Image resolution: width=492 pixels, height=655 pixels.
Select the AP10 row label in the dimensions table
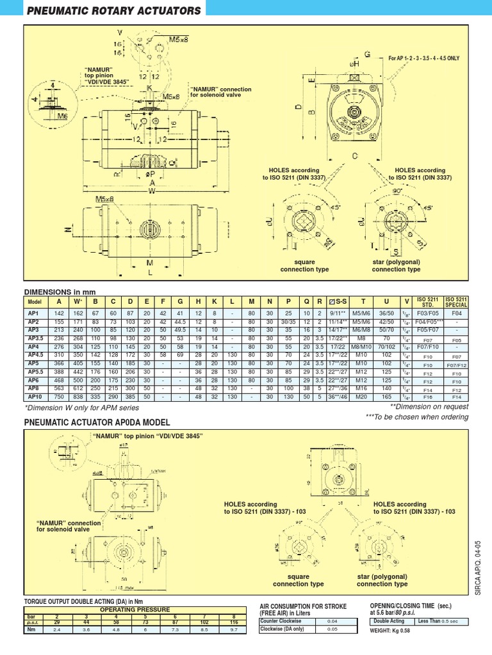pos(34,397)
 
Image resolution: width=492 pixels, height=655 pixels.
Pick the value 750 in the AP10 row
pos(60,397)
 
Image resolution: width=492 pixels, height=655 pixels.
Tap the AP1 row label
pos(34,314)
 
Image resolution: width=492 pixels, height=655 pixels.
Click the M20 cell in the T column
pos(363,397)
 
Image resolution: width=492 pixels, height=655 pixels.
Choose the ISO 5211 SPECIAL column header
pos(456,301)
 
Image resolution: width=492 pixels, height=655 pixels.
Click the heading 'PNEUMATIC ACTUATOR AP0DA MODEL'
pos(97,423)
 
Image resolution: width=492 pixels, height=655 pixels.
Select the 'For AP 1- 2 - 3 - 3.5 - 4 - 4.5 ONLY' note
pos(423,58)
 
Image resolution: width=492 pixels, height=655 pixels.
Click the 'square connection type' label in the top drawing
pos(304,265)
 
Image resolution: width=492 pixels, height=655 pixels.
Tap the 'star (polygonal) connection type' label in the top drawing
pos(396,265)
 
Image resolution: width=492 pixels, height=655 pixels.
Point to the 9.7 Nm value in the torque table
pos(233,629)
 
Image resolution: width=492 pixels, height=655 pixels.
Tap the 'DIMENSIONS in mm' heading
pos(60,291)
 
